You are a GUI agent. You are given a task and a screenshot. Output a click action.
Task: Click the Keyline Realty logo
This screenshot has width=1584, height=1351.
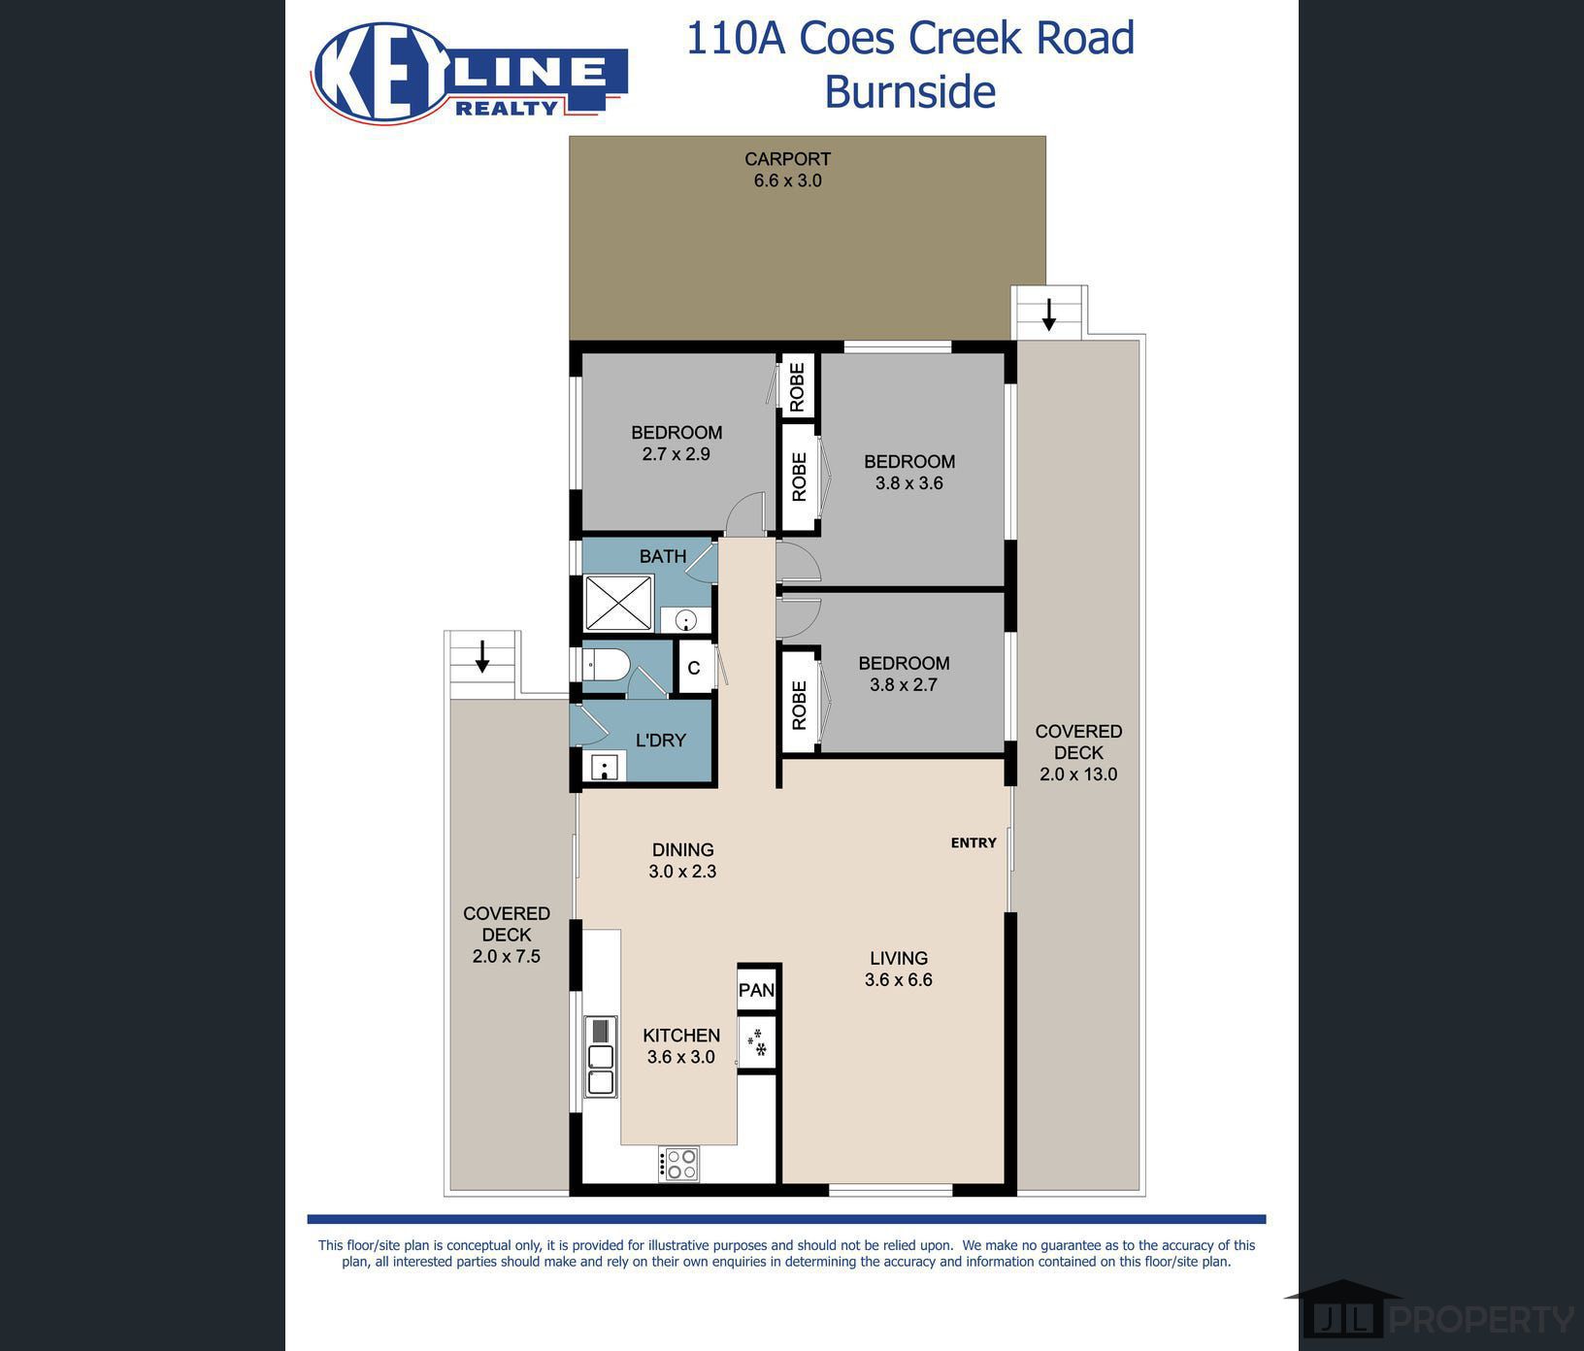pyautogui.click(x=469, y=74)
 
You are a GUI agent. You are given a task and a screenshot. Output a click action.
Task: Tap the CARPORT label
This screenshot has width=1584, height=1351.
pyautogui.click(x=787, y=159)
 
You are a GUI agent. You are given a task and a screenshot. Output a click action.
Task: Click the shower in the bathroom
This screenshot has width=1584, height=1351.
pyautogui.click(x=618, y=603)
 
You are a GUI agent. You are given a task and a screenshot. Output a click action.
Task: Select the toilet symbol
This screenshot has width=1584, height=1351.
pyautogui.click(x=606, y=665)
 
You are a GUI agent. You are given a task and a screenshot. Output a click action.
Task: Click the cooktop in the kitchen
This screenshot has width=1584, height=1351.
pyautogui.click(x=678, y=1164)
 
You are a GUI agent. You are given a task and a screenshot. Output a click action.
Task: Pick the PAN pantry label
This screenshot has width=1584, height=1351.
pyautogui.click(x=756, y=990)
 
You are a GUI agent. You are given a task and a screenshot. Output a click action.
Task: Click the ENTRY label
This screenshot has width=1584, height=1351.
pyautogui.click(x=973, y=842)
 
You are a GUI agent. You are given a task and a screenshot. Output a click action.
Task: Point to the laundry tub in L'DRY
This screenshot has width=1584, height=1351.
pyautogui.click(x=605, y=767)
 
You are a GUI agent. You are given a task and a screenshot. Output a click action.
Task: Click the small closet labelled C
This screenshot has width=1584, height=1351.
pyautogui.click(x=694, y=668)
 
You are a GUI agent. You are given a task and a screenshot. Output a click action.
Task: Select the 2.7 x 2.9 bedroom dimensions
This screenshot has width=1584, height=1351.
pyautogui.click(x=676, y=453)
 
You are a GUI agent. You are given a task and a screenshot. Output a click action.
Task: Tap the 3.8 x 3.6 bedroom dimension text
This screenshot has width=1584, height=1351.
pyautogui.click(x=909, y=482)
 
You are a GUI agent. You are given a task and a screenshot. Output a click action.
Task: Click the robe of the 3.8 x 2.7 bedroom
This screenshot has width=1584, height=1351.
pyautogui.click(x=800, y=705)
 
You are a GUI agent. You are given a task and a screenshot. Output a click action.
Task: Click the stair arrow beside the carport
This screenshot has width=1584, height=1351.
pyautogui.click(x=1048, y=314)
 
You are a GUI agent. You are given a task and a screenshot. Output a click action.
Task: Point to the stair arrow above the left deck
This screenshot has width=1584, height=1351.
pyautogui.click(x=482, y=656)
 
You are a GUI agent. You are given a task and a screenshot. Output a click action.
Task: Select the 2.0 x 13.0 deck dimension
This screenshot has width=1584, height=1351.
pyautogui.click(x=1078, y=774)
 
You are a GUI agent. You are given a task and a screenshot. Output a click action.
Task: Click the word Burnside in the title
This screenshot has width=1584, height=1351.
pyautogui.click(x=909, y=92)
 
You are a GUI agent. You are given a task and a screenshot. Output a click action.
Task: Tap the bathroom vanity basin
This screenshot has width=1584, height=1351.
pyautogui.click(x=686, y=619)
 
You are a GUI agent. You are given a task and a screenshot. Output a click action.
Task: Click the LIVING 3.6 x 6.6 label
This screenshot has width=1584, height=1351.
pyautogui.click(x=899, y=969)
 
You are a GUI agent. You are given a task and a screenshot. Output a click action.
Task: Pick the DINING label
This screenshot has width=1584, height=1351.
pyautogui.click(x=682, y=849)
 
